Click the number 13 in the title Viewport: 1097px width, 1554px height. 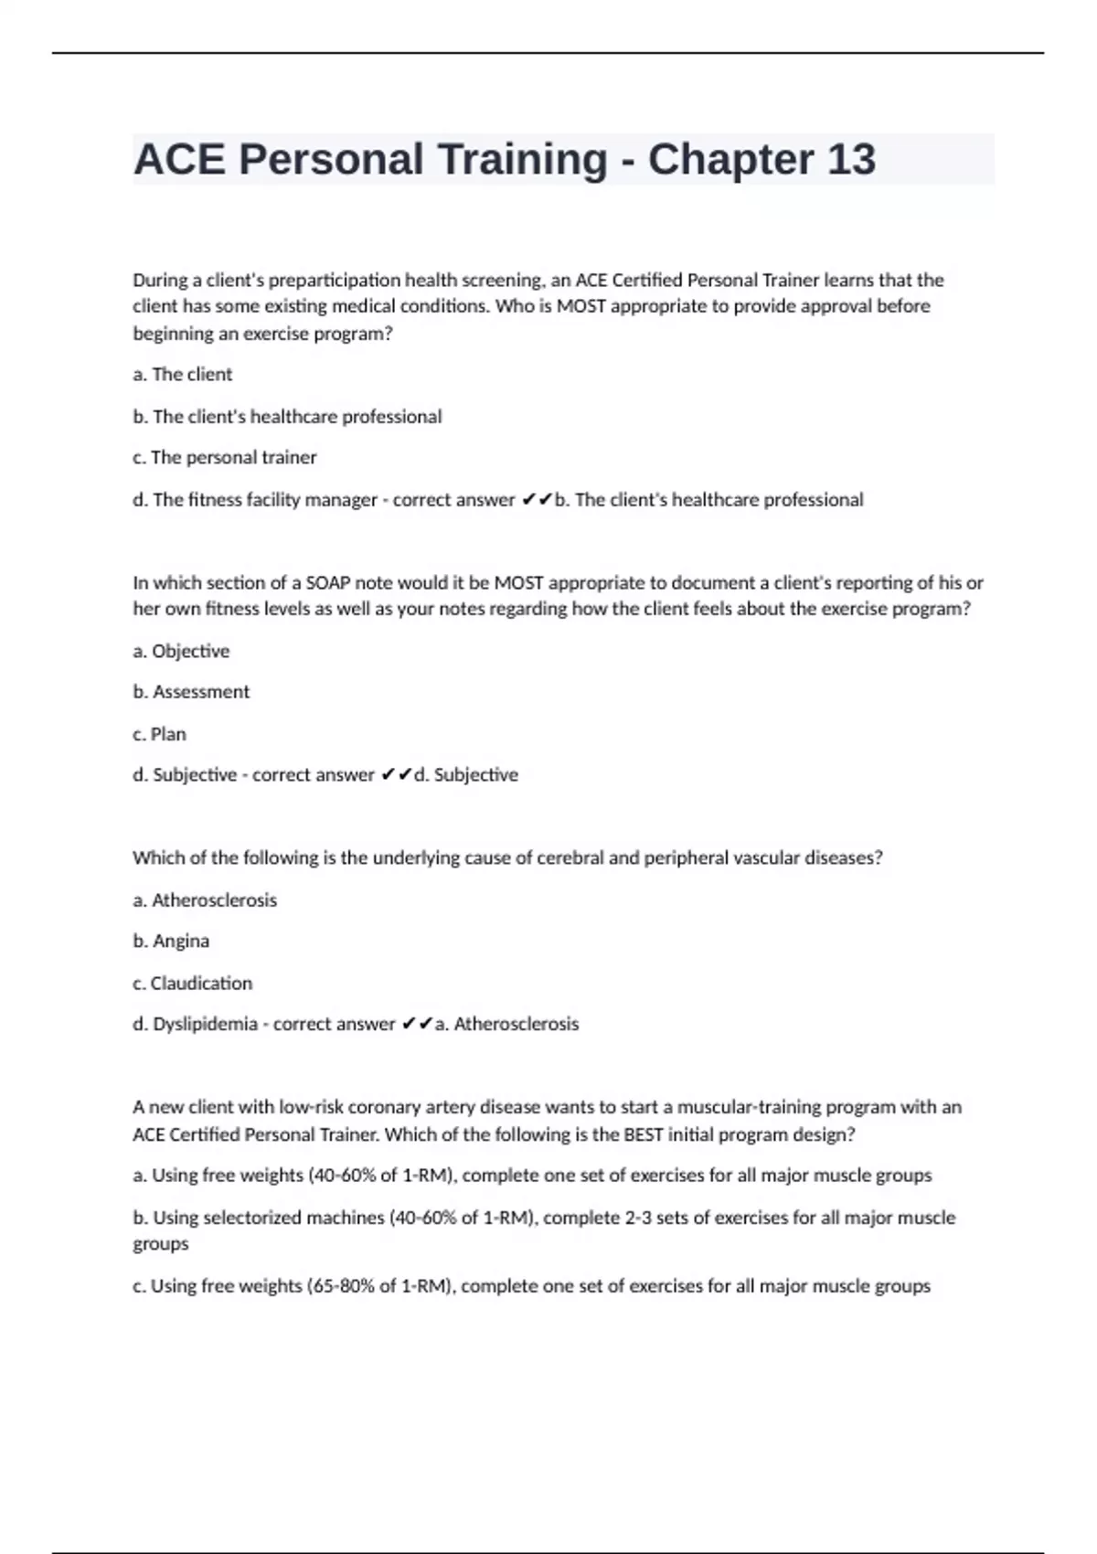coord(851,159)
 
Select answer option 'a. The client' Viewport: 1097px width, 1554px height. coord(182,374)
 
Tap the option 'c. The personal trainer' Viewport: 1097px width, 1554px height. coord(224,457)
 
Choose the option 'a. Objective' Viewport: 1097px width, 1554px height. coord(181,651)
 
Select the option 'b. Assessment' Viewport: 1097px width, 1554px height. coord(190,692)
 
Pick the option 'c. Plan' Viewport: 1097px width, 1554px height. coord(159,734)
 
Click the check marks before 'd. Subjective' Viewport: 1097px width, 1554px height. coord(396,775)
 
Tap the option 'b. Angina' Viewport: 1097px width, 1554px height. coord(171,941)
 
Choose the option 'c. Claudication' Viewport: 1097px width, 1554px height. coord(192,983)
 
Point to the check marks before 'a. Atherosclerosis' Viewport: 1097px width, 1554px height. coord(417,1024)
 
